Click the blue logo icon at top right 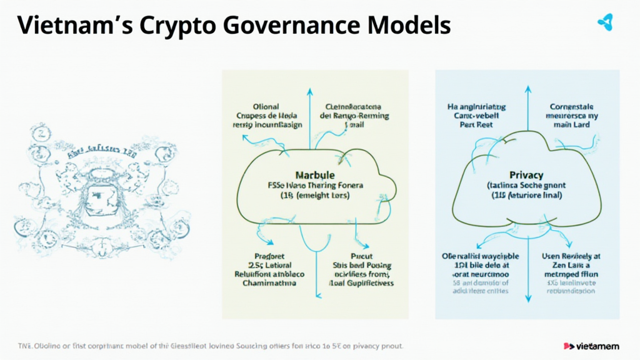(605, 23)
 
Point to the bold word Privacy (526, 175)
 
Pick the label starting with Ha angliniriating (476, 116)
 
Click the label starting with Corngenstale (574, 116)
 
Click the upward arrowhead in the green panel (308, 92)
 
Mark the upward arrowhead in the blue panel (527, 92)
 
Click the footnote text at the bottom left (209, 346)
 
